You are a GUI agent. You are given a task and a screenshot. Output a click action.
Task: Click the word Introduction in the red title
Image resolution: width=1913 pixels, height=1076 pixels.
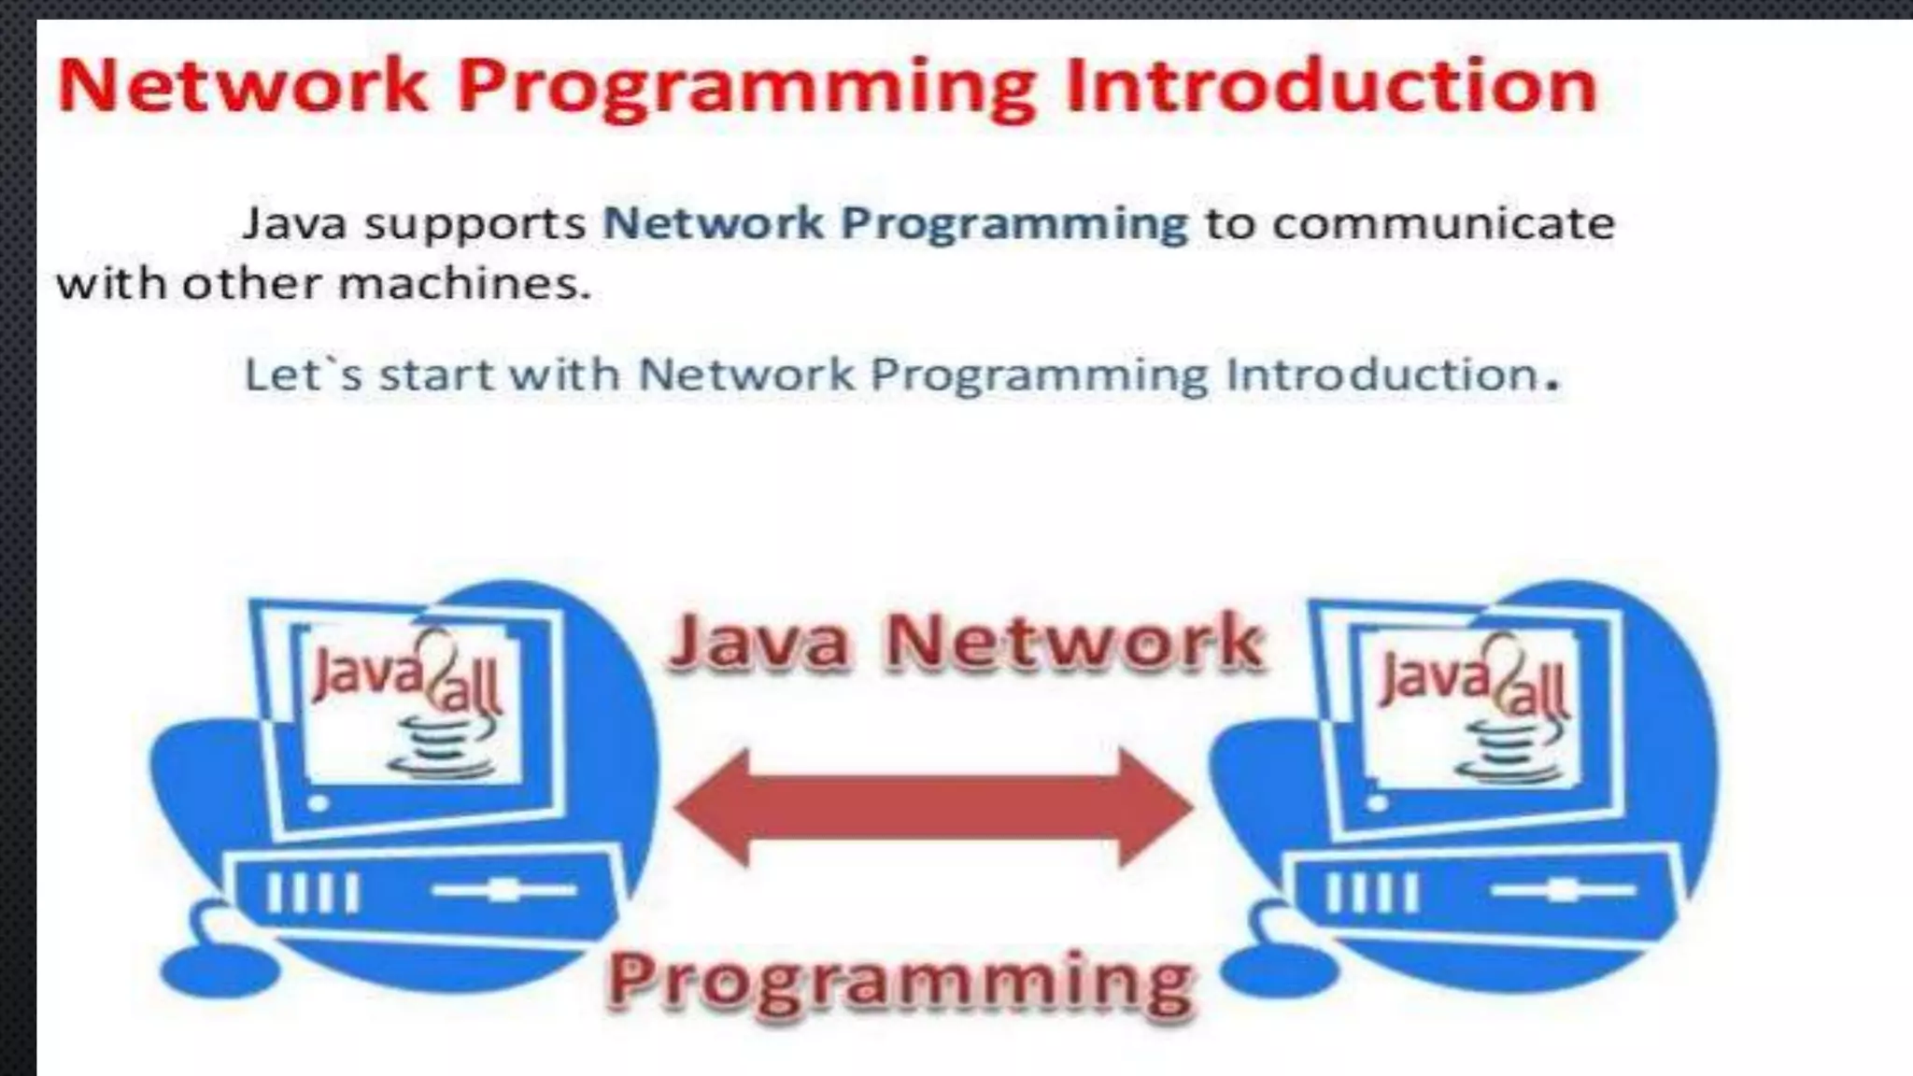click(x=1331, y=86)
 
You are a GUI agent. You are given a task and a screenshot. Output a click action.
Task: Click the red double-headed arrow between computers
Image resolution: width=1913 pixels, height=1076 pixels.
click(x=933, y=807)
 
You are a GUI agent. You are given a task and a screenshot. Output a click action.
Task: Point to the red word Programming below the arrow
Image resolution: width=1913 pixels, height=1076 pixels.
click(x=900, y=981)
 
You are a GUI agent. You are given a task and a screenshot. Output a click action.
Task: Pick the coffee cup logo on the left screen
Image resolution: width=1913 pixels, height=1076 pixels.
click(x=440, y=747)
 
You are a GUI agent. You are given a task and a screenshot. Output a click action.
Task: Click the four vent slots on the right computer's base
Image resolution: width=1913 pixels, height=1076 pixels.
click(x=1371, y=892)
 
